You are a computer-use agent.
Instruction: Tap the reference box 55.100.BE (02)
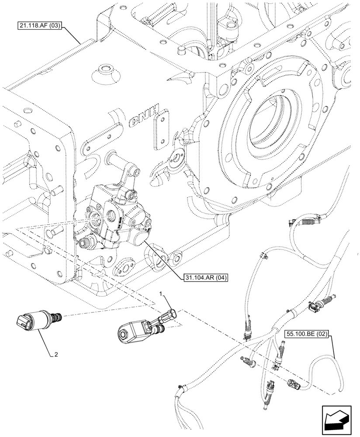(308, 334)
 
